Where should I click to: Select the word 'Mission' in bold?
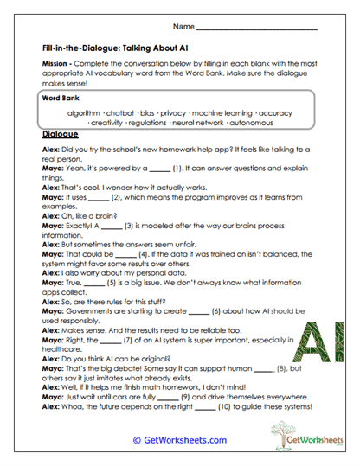tap(56, 66)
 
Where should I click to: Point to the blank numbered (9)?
tap(178, 392)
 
